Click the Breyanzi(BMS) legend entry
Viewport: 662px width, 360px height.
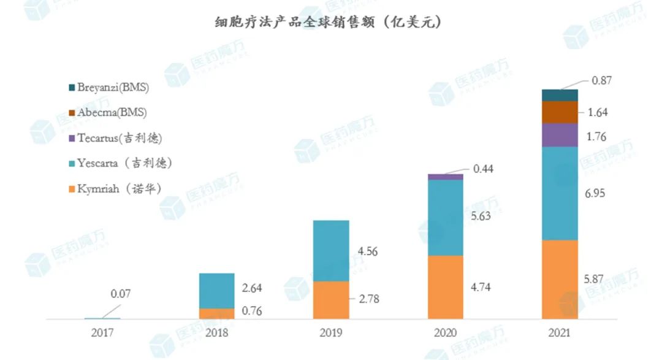(113, 88)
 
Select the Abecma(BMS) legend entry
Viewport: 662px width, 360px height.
(112, 113)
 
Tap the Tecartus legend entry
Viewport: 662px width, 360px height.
(119, 138)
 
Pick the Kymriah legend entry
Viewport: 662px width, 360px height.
(119, 188)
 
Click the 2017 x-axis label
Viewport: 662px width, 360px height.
(102, 334)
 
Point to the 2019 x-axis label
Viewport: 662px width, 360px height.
(330, 334)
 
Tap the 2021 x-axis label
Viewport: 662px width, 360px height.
(559, 334)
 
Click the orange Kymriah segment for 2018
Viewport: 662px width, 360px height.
(216, 313)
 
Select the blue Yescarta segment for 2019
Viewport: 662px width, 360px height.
(331, 250)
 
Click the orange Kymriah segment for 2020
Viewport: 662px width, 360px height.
(445, 287)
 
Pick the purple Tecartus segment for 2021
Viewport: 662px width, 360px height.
(560, 135)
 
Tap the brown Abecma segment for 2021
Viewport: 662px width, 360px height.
(560, 112)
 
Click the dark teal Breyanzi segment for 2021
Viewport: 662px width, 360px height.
(560, 95)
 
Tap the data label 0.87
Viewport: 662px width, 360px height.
(603, 81)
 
